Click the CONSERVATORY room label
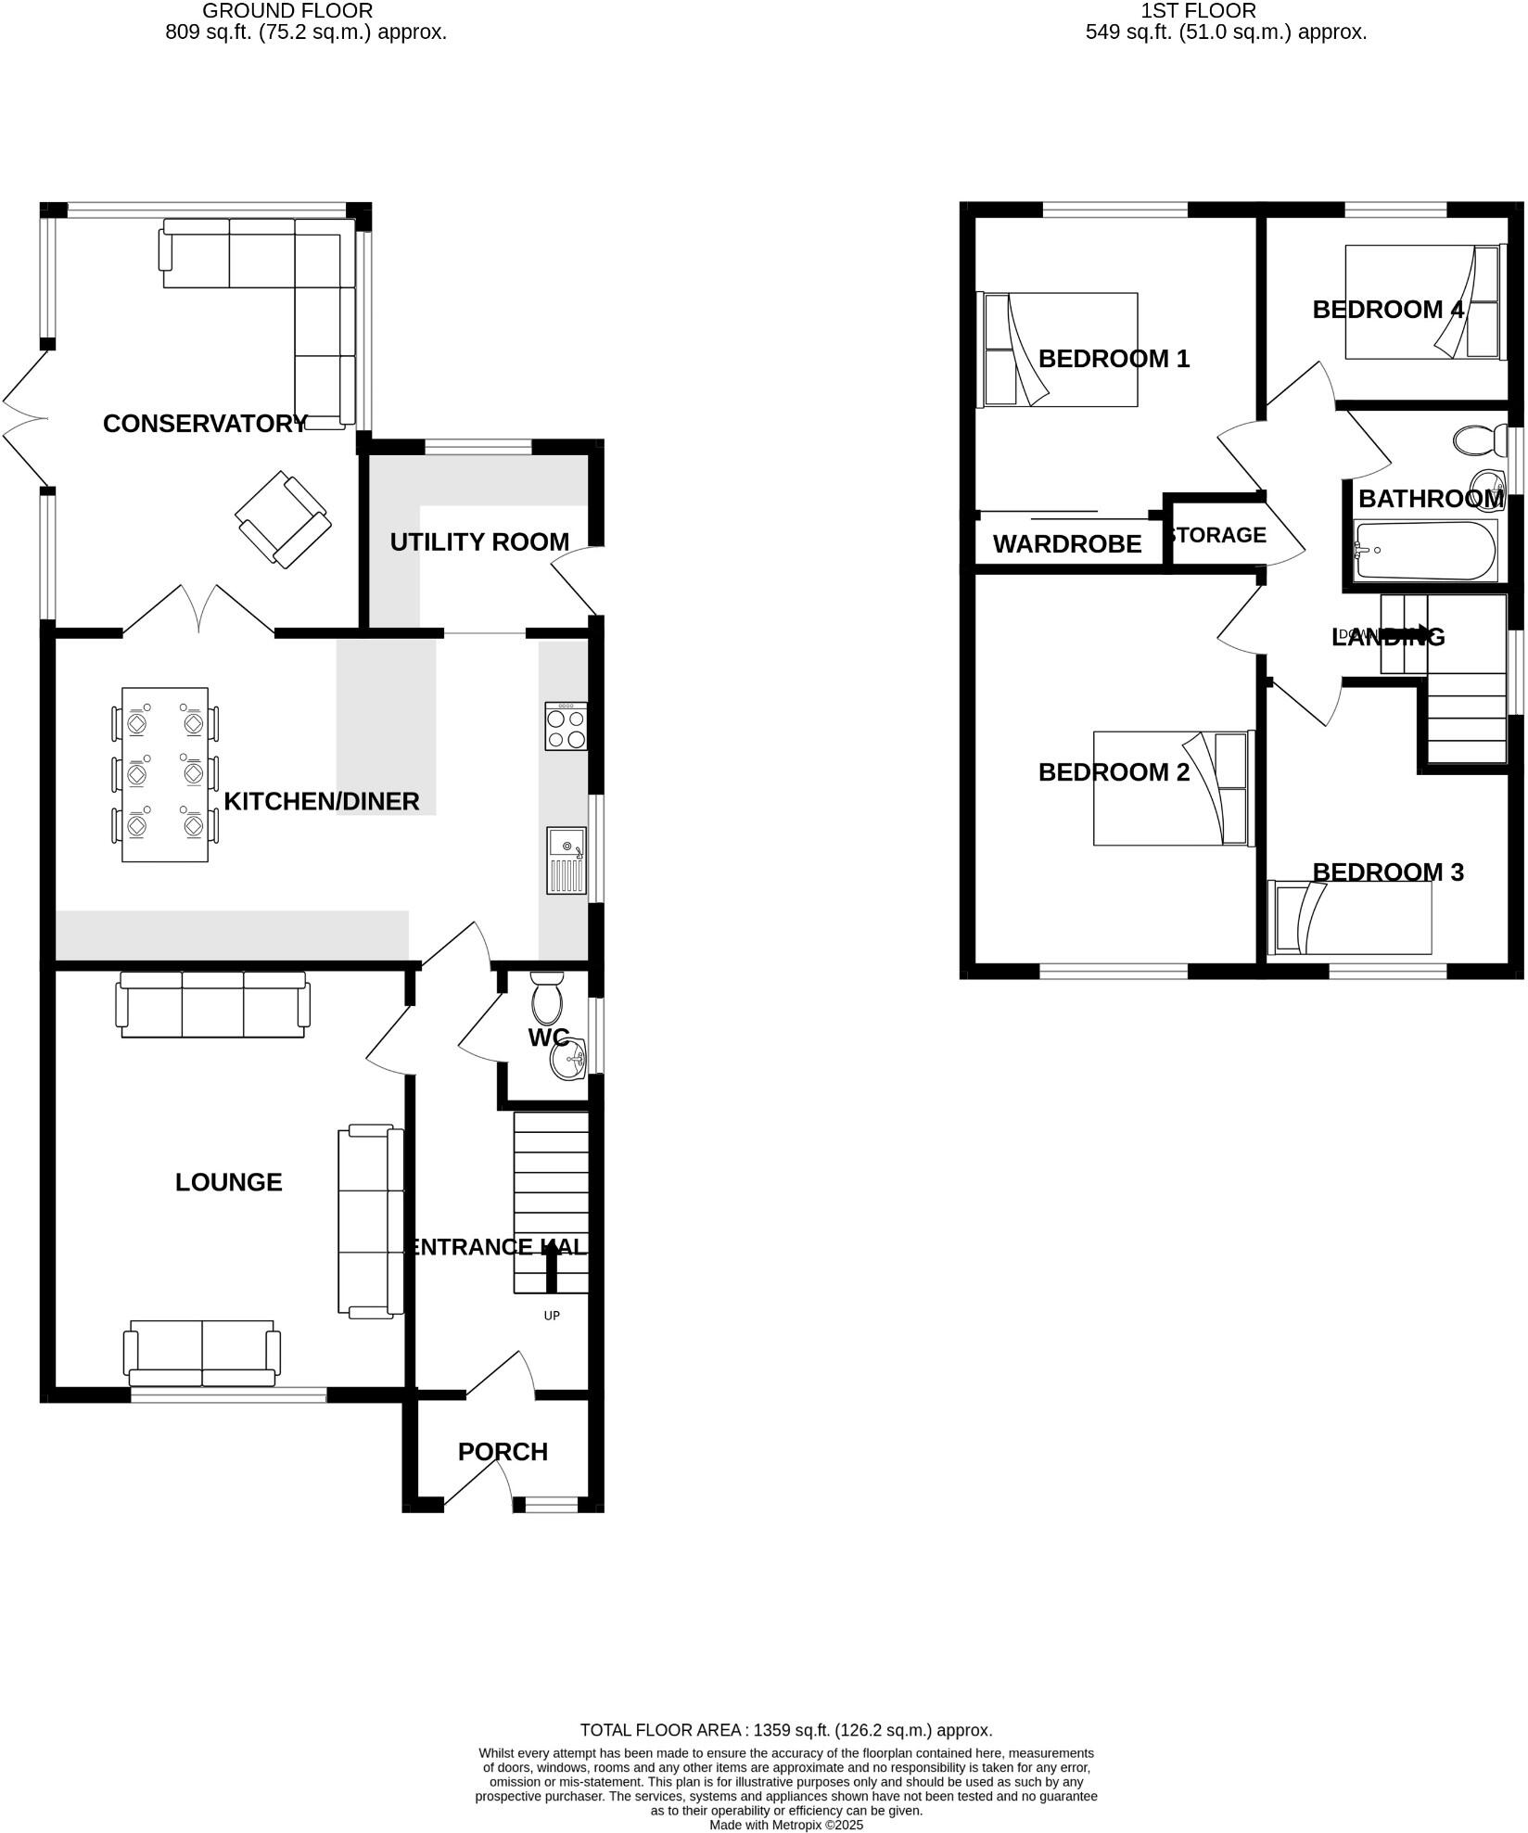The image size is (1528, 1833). click(205, 424)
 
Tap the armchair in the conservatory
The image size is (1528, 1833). click(283, 519)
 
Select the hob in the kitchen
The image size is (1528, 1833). click(566, 726)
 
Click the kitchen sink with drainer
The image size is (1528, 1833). click(567, 860)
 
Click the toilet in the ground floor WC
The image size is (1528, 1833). click(547, 998)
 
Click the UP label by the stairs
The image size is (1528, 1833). click(552, 1315)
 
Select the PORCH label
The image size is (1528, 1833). click(503, 1452)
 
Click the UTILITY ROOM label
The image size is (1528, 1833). click(479, 542)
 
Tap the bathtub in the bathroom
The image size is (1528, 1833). click(1425, 551)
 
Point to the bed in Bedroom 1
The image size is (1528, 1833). click(1059, 350)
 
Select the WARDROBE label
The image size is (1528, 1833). click(1067, 544)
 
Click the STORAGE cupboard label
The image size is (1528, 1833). click(1217, 535)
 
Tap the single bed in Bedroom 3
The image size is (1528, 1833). click(1350, 918)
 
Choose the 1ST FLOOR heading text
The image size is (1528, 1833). click(1198, 11)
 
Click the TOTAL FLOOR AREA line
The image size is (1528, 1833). click(785, 1729)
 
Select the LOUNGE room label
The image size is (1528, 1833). click(229, 1182)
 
